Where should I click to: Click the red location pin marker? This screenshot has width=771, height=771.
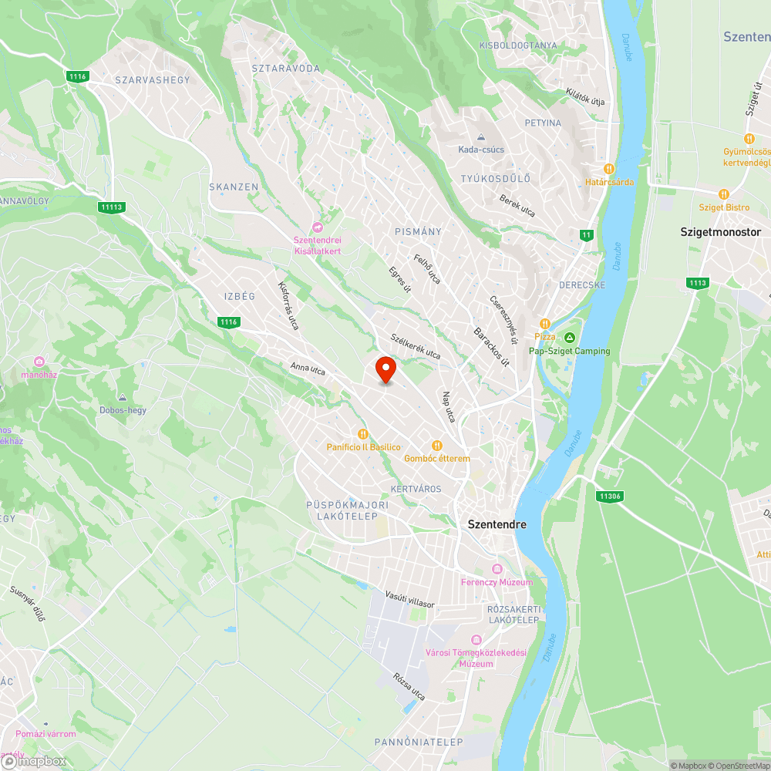point(385,369)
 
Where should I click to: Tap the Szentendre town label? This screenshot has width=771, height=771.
point(497,524)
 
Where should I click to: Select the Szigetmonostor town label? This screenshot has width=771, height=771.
point(720,231)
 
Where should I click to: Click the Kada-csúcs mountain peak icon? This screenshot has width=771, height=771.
point(480,136)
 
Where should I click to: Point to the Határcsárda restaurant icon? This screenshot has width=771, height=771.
point(608,169)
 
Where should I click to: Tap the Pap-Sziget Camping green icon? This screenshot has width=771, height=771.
point(570,338)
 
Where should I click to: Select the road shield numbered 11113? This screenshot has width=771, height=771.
point(111,207)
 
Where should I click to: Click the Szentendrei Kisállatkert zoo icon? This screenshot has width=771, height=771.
point(317,227)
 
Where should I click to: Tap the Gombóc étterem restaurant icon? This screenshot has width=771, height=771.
point(436,445)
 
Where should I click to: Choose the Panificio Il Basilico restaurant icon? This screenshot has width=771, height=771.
point(362,434)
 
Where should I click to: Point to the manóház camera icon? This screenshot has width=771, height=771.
point(39,362)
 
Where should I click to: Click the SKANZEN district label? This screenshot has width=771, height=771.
point(234,187)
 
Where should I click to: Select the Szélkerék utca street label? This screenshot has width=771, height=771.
point(416,346)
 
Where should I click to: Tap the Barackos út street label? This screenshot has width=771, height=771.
point(491,345)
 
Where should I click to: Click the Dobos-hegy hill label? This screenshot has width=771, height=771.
point(123,410)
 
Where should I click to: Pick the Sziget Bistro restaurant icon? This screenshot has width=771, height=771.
point(723,194)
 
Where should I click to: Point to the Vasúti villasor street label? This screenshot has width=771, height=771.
point(410,600)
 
